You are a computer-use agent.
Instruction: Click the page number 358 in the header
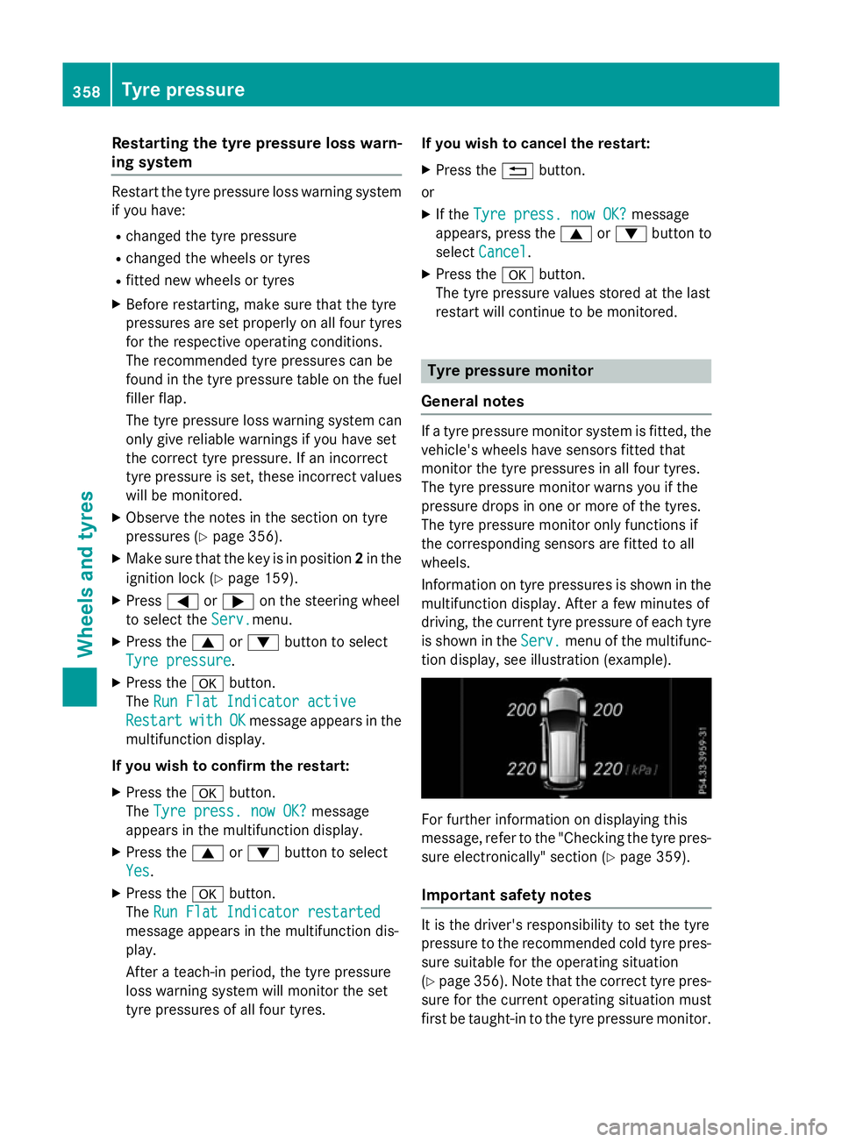click(x=86, y=91)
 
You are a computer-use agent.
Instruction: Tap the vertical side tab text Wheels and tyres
click(x=85, y=574)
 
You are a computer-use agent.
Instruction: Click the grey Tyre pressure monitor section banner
click(x=566, y=371)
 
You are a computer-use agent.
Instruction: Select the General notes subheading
click(x=473, y=402)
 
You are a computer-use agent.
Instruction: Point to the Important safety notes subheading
click(x=506, y=896)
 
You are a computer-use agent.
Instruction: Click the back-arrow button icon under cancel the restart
click(x=517, y=171)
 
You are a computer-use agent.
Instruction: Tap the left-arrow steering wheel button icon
click(x=182, y=602)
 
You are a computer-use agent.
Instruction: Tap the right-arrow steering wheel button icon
click(x=238, y=602)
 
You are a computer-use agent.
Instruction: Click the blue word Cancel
click(x=503, y=253)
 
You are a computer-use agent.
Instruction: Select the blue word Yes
click(x=138, y=871)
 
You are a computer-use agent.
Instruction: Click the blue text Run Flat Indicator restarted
click(x=267, y=912)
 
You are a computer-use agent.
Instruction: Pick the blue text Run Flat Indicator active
click(x=254, y=702)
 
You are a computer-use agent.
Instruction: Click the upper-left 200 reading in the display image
click(x=521, y=710)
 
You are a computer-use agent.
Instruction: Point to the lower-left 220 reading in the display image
click(x=521, y=769)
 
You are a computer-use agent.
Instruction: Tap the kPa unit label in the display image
click(x=642, y=770)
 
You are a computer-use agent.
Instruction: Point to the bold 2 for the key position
click(x=359, y=559)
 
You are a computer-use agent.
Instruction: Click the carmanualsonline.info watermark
click(x=711, y=1126)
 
